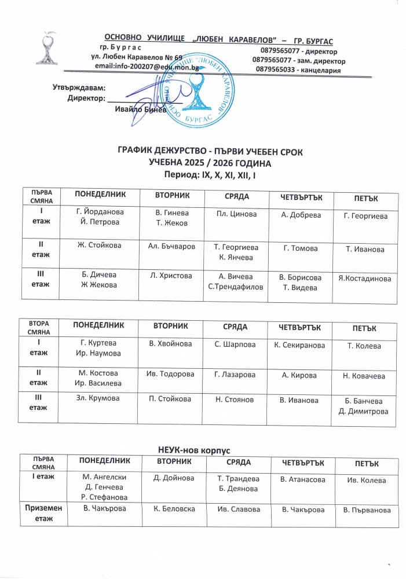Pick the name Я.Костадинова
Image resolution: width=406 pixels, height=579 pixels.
(365, 279)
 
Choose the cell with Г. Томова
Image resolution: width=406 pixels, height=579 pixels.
(301, 248)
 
